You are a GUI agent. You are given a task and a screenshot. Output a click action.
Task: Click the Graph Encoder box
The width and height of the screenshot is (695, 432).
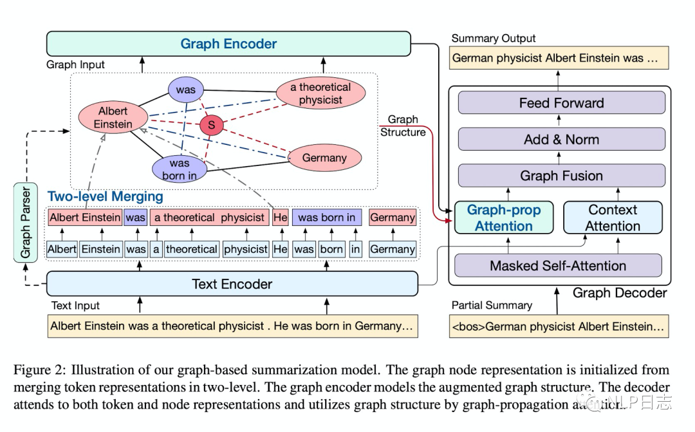(x=228, y=44)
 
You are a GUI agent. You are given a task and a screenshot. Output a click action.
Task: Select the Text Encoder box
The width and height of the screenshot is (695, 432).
(x=232, y=284)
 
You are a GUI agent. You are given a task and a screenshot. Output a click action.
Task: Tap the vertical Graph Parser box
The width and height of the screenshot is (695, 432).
(x=25, y=222)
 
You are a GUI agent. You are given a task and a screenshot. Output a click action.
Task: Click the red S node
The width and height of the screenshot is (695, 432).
(x=211, y=124)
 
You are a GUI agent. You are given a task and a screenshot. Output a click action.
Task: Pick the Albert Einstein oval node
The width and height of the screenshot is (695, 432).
(x=113, y=118)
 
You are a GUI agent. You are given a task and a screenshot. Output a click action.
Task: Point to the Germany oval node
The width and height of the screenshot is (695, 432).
(x=324, y=158)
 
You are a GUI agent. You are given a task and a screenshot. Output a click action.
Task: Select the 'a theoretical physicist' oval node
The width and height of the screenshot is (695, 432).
(x=320, y=94)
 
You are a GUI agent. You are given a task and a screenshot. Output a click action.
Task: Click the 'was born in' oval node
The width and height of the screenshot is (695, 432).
(x=180, y=169)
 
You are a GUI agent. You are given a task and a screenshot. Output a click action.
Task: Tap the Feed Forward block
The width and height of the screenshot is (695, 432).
(x=561, y=103)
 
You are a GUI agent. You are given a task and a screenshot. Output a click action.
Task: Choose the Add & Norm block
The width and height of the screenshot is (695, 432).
(x=561, y=139)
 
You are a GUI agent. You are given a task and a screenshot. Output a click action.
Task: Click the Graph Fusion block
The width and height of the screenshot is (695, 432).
(x=561, y=176)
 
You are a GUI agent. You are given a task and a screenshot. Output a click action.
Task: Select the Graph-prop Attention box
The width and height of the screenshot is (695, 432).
(x=504, y=218)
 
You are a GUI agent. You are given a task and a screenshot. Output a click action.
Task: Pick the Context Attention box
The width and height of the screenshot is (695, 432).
(x=613, y=218)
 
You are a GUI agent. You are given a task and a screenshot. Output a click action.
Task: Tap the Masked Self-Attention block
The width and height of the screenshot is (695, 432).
(x=558, y=265)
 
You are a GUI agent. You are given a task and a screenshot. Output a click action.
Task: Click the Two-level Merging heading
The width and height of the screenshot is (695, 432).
(x=106, y=196)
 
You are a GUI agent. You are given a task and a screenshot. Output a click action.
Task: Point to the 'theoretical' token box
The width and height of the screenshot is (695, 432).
(x=191, y=249)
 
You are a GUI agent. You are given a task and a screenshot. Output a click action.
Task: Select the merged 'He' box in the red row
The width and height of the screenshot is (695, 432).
(x=281, y=218)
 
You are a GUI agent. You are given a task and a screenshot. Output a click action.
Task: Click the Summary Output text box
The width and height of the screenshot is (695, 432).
(x=558, y=58)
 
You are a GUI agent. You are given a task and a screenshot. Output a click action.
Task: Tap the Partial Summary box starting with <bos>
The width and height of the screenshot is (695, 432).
(x=558, y=326)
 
